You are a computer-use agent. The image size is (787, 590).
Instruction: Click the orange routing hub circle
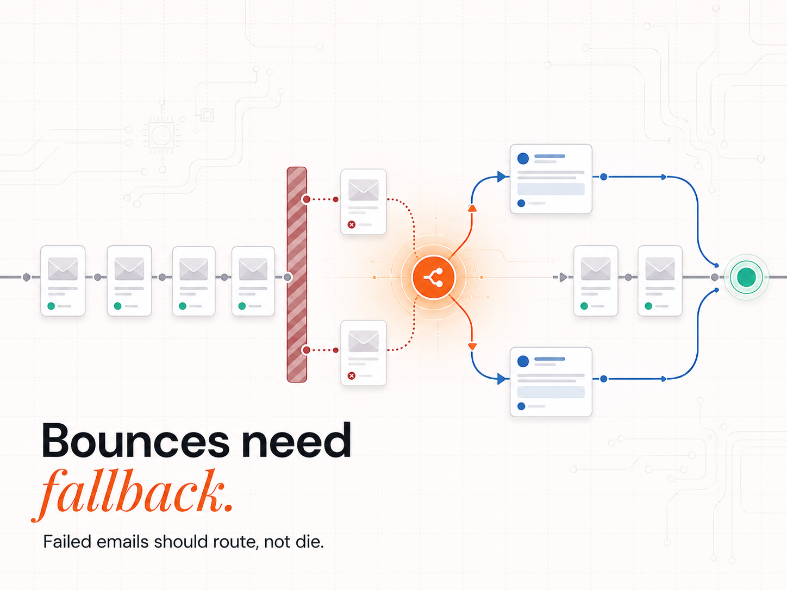pyautogui.click(x=434, y=277)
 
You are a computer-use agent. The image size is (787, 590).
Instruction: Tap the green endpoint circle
pyautogui.click(x=746, y=277)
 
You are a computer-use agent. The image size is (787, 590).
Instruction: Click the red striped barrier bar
pyautogui.click(x=297, y=275)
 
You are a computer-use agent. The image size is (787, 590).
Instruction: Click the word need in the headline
pyautogui.click(x=296, y=440)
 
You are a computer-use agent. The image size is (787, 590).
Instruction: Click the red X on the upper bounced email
pyautogui.click(x=352, y=224)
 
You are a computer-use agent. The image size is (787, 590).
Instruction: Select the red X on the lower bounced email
pyautogui.click(x=352, y=376)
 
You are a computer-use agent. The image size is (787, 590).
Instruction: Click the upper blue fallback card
pyautogui.click(x=551, y=179)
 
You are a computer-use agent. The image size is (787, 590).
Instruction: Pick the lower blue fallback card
pyautogui.click(x=551, y=382)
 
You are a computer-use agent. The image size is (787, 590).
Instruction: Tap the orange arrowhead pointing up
pyautogui.click(x=472, y=208)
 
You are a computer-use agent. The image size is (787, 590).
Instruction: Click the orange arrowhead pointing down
pyautogui.click(x=472, y=347)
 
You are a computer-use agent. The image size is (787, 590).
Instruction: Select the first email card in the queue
pyautogui.click(x=63, y=281)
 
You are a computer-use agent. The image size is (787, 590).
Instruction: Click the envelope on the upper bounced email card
pyautogui.click(x=364, y=190)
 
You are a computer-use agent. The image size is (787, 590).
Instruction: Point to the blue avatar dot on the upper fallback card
pyautogui.click(x=523, y=158)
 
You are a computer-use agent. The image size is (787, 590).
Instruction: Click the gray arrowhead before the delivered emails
pyautogui.click(x=563, y=277)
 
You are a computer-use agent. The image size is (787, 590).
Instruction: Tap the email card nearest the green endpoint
pyautogui.click(x=660, y=281)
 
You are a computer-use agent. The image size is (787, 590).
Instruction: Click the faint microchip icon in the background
pyautogui.click(x=162, y=135)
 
